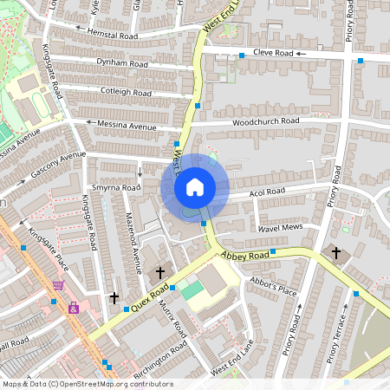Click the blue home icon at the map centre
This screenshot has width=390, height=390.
coord(195,186)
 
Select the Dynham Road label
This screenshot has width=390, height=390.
coord(108,63)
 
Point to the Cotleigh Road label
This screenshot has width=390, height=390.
coord(127,91)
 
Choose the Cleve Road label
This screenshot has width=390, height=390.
coord(271,53)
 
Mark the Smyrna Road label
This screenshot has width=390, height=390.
coord(116,187)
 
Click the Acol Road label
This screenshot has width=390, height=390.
coord(268,192)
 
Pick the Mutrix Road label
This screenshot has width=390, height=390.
coord(173,320)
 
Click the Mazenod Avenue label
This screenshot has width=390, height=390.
coord(133,237)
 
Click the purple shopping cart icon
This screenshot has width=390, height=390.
coord(58,284)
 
